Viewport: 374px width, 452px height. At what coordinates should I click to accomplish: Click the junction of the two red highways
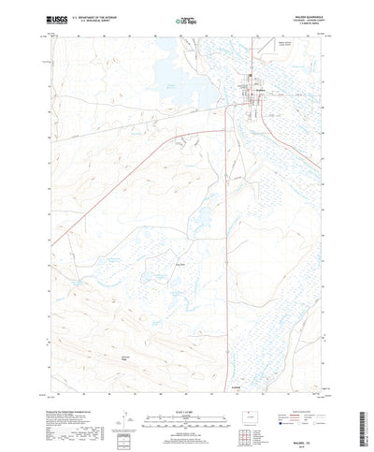tap(178, 137)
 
